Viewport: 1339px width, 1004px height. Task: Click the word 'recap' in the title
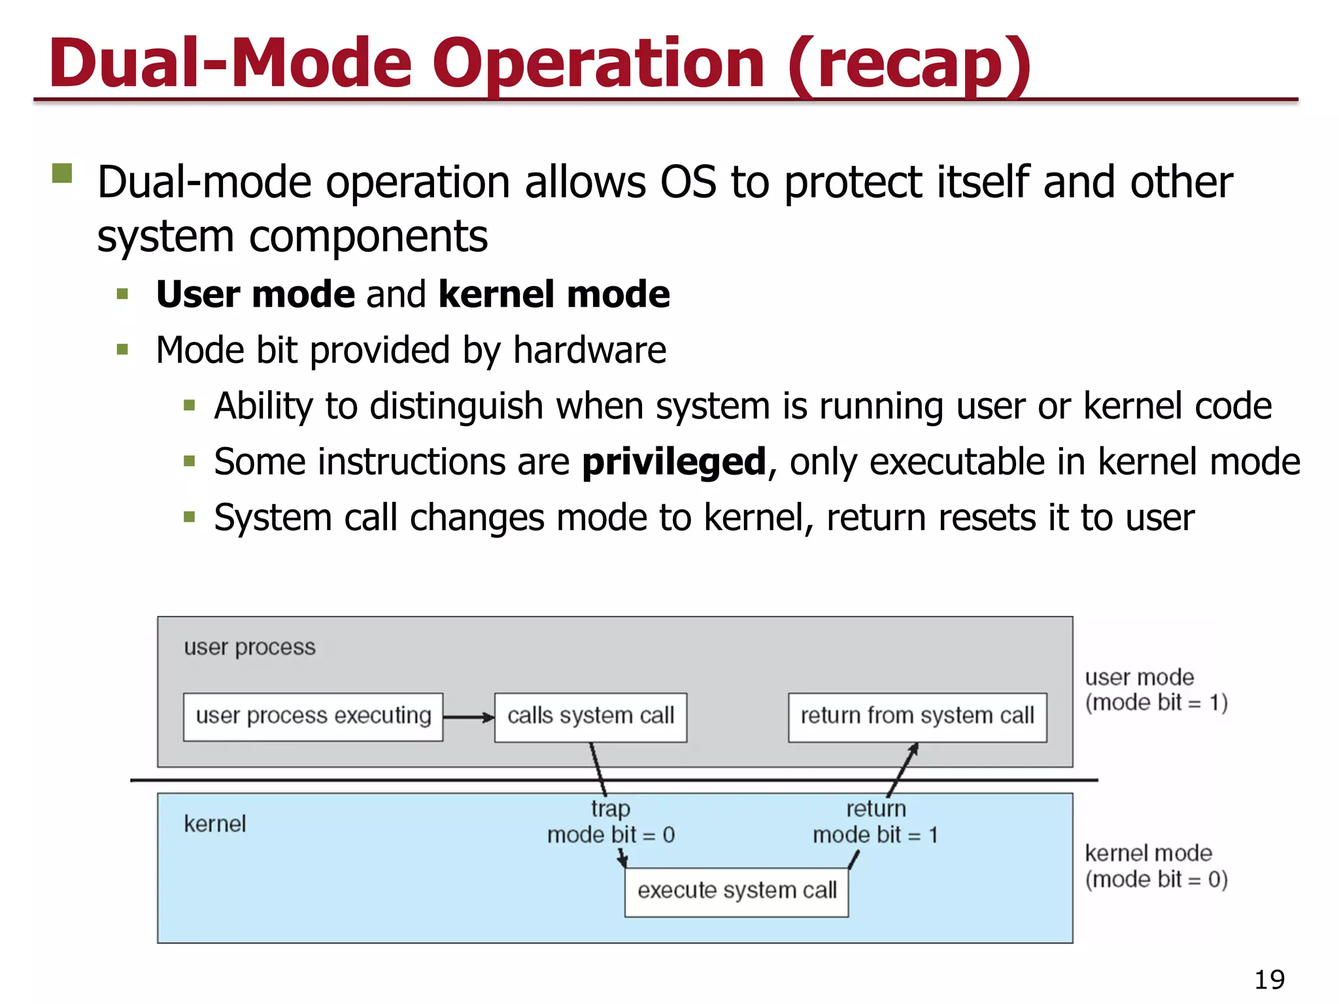pos(909,64)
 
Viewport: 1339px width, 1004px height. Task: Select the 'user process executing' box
pos(313,716)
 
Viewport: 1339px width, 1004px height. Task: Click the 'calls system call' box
pos(590,716)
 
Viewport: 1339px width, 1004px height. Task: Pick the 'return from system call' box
pos(917,716)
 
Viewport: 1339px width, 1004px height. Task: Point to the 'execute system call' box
pos(736,891)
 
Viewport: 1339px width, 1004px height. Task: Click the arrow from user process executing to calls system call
pos(468,717)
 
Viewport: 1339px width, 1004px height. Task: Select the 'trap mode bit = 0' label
pos(611,822)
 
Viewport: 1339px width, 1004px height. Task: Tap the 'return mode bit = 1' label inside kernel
pos(875,822)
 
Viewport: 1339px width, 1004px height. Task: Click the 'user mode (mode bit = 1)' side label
pos(1155,690)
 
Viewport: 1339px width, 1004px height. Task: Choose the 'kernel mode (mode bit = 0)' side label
pos(1155,866)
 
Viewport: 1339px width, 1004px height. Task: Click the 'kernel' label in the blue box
pos(214,824)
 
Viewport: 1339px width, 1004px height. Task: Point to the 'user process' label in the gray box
pos(249,647)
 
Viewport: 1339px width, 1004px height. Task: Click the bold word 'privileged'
pos(673,461)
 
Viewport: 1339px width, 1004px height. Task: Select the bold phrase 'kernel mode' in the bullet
pos(554,294)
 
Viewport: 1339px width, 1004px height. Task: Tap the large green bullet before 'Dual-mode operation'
pos(62,173)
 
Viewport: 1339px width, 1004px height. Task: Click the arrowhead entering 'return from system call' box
pos(914,749)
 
